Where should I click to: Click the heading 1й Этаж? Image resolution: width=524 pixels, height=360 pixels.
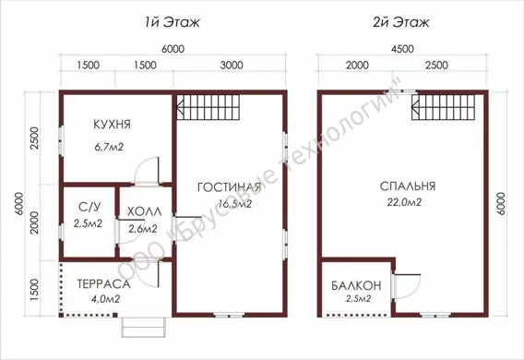click(x=173, y=22)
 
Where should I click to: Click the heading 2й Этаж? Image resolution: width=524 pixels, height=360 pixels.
click(x=400, y=22)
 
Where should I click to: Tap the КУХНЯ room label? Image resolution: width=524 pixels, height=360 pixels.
click(x=112, y=125)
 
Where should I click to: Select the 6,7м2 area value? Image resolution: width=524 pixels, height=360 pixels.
click(x=109, y=147)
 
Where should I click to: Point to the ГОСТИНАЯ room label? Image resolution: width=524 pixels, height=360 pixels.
click(x=229, y=187)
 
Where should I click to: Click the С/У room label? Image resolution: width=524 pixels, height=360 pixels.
click(x=89, y=208)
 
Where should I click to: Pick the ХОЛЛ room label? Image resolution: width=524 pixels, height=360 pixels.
click(x=144, y=211)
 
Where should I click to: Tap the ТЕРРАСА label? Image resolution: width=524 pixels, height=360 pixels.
click(x=103, y=284)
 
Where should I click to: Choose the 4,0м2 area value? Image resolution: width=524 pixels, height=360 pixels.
click(x=105, y=298)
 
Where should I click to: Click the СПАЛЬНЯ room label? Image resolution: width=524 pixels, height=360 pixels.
click(x=408, y=186)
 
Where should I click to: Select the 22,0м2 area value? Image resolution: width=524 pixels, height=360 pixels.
click(x=404, y=202)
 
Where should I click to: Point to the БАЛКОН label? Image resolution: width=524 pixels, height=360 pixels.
click(x=356, y=285)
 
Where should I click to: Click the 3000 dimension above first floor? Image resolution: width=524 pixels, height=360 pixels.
click(x=232, y=66)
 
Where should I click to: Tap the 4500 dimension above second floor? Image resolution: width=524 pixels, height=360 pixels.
click(x=402, y=49)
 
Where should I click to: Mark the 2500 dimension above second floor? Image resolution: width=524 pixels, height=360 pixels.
click(x=436, y=66)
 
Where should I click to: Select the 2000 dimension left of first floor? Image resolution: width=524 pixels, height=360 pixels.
click(x=34, y=222)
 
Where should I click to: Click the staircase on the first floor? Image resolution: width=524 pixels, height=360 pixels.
click(x=208, y=107)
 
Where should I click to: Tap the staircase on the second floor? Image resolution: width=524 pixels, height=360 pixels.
click(x=444, y=107)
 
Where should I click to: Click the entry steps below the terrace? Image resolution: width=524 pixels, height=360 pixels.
click(x=144, y=328)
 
